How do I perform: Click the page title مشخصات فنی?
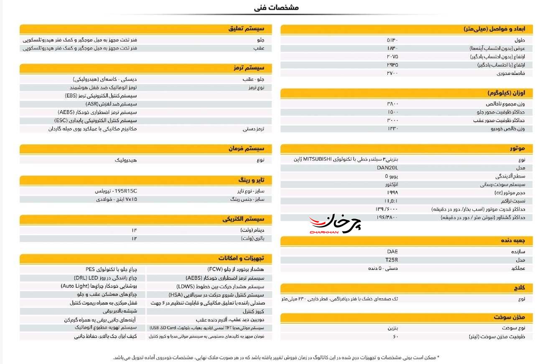276,8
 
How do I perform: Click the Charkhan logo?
335,223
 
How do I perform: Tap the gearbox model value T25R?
392,260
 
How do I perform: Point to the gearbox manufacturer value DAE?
392,251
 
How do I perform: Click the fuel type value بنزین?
393,328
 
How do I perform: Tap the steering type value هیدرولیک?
126,160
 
